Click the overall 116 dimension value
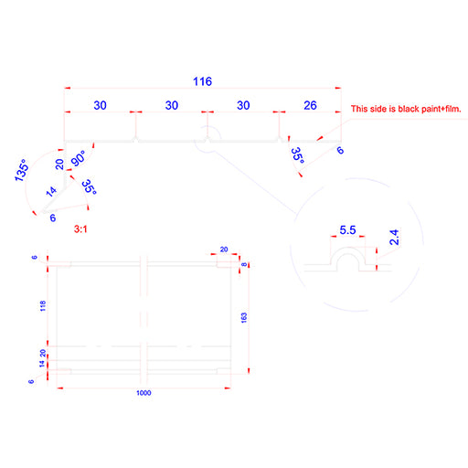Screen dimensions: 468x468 point(202,81)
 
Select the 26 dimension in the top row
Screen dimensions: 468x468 point(310,105)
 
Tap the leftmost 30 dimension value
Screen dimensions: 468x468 point(100,105)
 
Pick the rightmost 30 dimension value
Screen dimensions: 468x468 point(243,105)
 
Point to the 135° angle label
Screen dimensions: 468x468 point(22,170)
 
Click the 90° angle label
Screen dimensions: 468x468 point(78,158)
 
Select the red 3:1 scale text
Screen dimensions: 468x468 point(80,229)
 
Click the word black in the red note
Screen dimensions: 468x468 point(409,109)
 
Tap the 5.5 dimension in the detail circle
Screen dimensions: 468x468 point(347,230)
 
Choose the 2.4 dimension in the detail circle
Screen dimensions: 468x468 point(394,238)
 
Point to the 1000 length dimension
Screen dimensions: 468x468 point(144,393)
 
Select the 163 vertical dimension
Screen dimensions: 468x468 point(244,317)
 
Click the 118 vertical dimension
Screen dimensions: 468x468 point(43,306)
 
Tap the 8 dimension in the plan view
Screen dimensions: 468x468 point(244,264)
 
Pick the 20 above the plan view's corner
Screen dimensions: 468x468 point(224,250)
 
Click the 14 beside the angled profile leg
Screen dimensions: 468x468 point(51,191)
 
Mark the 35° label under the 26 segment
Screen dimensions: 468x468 point(298,155)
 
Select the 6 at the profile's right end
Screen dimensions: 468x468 point(340,150)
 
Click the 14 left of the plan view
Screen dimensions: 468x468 point(42,364)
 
